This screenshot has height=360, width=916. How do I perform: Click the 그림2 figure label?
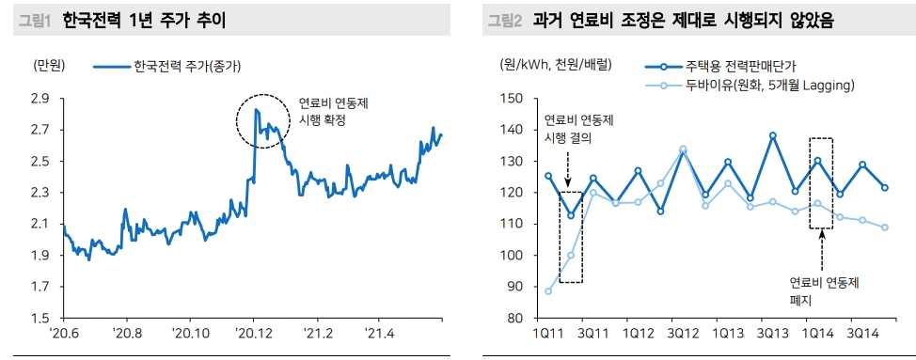click(505, 20)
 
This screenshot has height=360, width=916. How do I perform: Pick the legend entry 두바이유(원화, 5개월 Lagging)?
click(770, 86)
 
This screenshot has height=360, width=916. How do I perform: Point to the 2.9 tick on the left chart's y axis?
click(39, 98)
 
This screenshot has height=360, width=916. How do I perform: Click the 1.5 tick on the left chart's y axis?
click(39, 319)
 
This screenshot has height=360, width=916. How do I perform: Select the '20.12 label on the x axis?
click(253, 334)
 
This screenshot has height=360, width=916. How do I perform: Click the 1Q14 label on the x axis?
click(817, 334)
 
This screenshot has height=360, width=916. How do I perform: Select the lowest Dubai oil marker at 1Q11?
click(548, 291)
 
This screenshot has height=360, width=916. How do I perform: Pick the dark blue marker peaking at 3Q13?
click(773, 135)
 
